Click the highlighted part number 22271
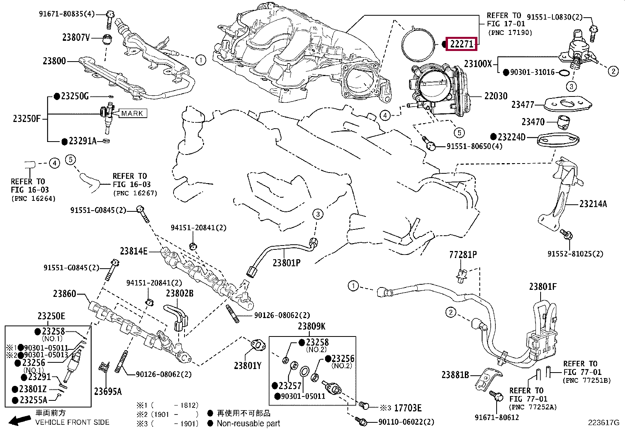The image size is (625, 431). point(461,44)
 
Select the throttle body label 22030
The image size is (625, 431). point(495,96)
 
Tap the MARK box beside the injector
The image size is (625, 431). point(133,113)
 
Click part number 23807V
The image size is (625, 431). point(76,38)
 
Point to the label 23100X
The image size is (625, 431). point(477,64)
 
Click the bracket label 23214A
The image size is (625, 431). point(593,204)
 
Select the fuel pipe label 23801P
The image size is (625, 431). point(287,263)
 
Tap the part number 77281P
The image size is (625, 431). point(463,255)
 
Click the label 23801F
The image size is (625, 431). point(543,287)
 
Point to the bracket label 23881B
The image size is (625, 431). point(455,375)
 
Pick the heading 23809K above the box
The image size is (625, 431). point(311,326)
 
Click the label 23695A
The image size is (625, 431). point(108,391)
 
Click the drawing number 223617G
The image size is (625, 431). point(603,423)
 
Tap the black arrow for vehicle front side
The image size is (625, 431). point(20,421)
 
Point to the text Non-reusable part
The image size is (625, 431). point(249,424)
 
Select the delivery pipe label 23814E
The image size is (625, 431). point(133,251)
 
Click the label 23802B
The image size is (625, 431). point(179,293)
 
